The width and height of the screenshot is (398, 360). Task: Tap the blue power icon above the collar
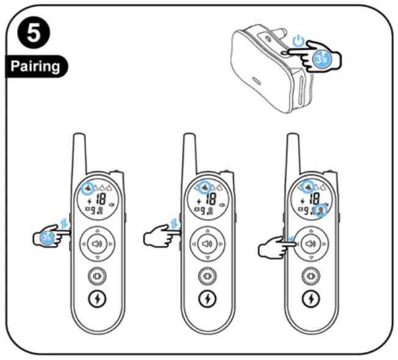point(297,42)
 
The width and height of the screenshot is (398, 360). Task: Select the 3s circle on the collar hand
point(322,59)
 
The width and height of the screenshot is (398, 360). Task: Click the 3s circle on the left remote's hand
point(50,238)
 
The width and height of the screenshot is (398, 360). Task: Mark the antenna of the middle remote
point(189,153)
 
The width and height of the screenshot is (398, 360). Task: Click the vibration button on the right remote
point(311,276)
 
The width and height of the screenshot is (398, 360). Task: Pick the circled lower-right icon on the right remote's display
point(322,210)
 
